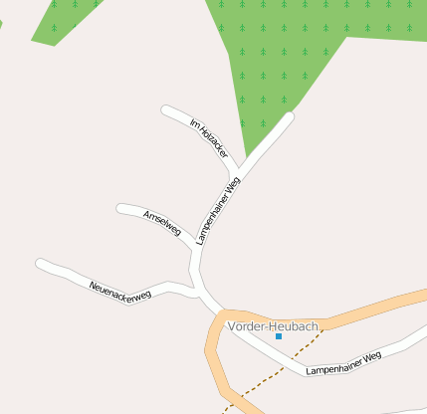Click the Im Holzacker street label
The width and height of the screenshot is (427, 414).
207,139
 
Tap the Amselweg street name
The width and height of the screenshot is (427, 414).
162,222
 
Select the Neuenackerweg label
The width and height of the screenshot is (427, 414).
119,290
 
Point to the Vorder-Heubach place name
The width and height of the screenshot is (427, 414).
273,326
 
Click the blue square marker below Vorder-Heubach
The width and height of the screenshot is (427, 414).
279,336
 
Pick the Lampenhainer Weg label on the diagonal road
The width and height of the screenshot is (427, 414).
219,211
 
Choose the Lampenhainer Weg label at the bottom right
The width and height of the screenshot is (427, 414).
343,363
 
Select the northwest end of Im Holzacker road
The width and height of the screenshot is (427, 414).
166,109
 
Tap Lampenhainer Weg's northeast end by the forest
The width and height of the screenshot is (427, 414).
290,117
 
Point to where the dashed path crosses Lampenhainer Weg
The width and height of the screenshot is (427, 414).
284,370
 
